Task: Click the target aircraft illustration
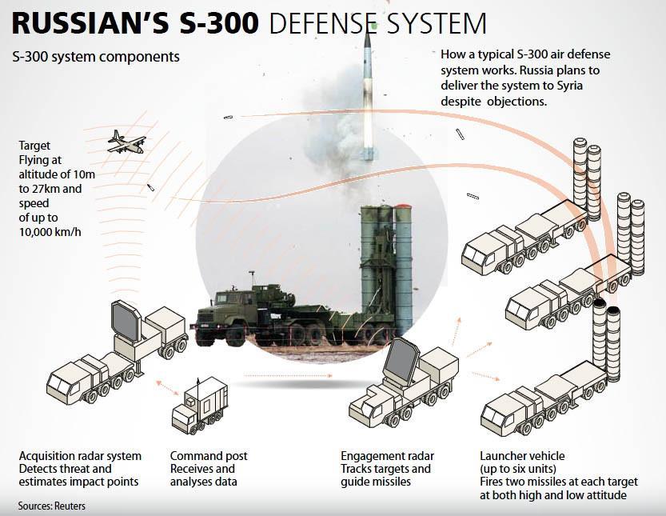tap(126, 142)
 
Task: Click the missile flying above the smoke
tap(367, 88)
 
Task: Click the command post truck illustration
tap(201, 405)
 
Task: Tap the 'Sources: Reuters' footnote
tap(51, 506)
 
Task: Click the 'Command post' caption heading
tap(209, 456)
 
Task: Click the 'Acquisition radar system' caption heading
tap(80, 456)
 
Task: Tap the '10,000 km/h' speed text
tap(50, 232)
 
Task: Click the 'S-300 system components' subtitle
tap(95, 58)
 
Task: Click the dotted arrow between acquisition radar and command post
tap(167, 387)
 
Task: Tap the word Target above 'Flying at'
tap(34, 146)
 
